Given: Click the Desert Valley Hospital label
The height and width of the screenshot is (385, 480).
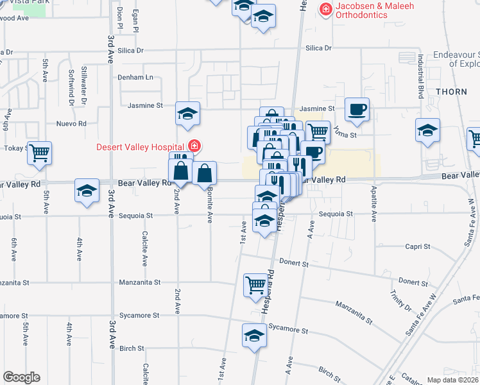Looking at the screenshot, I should pyautogui.click(x=141, y=147).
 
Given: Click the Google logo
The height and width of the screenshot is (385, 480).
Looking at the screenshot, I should pyautogui.click(x=21, y=377).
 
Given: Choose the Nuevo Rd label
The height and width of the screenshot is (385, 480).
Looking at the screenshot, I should pyautogui.click(x=71, y=123).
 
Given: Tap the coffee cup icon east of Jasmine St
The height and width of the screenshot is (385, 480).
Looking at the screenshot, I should pyautogui.click(x=357, y=108).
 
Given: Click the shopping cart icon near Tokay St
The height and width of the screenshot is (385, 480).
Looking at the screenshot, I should pyautogui.click(x=40, y=153).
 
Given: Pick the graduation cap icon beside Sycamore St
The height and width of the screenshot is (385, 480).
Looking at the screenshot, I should pyautogui.click(x=254, y=335).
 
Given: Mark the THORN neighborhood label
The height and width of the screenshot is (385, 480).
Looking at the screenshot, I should pyautogui.click(x=452, y=92).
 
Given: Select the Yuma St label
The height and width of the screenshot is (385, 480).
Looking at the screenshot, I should pyautogui.click(x=344, y=135).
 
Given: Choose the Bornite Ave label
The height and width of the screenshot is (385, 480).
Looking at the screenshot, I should pyautogui.click(x=210, y=209).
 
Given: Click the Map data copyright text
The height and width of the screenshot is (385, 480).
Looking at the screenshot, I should pyautogui.click(x=452, y=380).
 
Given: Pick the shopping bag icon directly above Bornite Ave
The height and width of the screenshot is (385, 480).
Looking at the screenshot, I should pyautogui.click(x=204, y=173).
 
